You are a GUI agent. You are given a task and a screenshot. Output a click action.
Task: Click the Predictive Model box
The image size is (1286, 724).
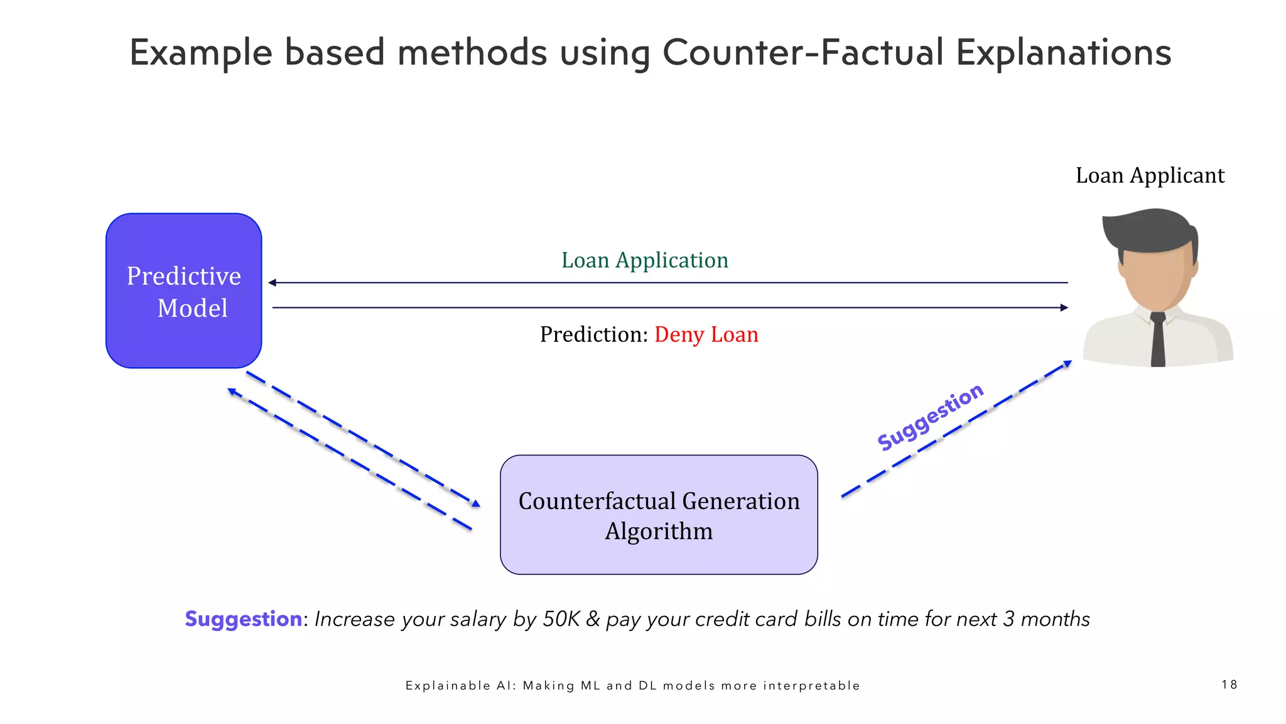click(183, 291)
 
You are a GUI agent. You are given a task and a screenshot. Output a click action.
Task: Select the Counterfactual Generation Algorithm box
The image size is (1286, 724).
click(659, 515)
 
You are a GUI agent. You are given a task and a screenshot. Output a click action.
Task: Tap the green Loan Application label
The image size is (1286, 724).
click(644, 260)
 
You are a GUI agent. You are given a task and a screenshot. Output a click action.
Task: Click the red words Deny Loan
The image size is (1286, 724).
click(706, 334)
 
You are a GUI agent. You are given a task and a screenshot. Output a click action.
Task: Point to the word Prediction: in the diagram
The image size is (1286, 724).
click(593, 334)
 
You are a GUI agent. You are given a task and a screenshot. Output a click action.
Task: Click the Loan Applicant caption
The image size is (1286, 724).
click(1150, 175)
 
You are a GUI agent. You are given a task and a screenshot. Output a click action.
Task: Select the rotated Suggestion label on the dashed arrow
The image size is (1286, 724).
click(930, 417)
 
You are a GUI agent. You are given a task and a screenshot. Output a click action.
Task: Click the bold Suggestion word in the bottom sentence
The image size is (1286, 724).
click(244, 619)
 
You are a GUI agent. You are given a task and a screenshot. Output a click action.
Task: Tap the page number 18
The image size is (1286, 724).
click(1229, 684)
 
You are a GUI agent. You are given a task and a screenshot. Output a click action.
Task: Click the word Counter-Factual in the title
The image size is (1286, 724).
click(803, 52)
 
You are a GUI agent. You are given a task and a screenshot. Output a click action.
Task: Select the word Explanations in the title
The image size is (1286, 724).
click(1064, 52)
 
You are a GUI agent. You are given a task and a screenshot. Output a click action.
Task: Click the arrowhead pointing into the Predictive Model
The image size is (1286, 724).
click(273, 283)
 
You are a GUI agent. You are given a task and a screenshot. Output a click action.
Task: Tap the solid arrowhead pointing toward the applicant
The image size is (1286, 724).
click(1064, 308)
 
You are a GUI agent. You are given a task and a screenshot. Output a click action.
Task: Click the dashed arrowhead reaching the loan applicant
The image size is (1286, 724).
click(1067, 363)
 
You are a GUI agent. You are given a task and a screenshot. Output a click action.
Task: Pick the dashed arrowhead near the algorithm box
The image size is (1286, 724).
click(476, 503)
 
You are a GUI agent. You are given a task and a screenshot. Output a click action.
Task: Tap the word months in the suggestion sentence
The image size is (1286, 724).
click(1055, 619)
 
